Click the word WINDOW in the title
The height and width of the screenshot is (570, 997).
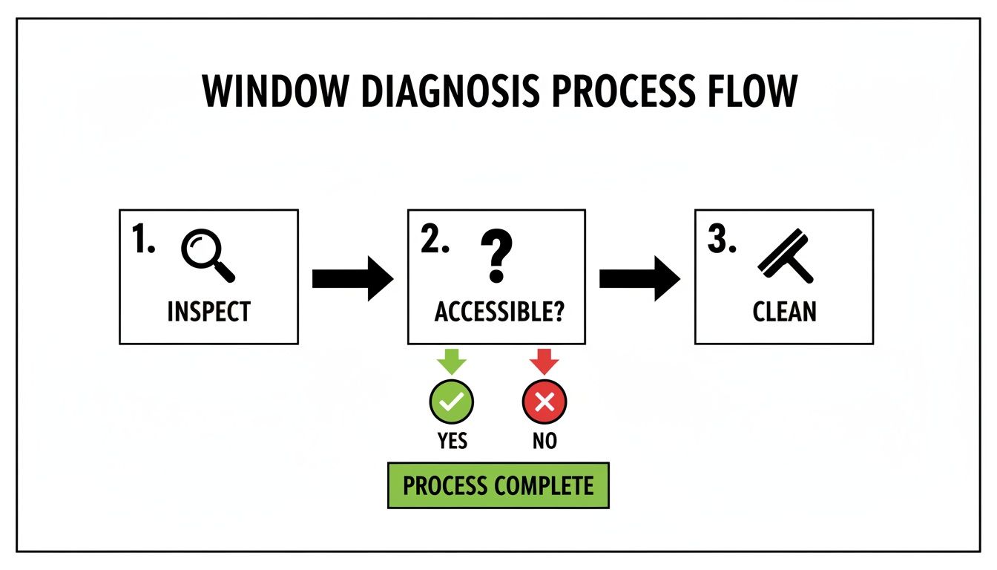[274, 92]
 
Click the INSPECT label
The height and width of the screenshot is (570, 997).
[208, 311]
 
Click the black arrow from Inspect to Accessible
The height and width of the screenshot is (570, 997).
[352, 279]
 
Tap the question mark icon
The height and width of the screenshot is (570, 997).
[496, 255]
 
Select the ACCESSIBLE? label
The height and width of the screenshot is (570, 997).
[498, 312]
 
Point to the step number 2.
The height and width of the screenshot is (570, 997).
[435, 240]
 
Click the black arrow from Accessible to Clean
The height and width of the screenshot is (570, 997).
[639, 279]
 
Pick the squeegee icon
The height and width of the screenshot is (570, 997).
[786, 257]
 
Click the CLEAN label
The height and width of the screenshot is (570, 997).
[784, 312]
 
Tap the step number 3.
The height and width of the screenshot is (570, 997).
[721, 240]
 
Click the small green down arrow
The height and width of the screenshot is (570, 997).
[452, 361]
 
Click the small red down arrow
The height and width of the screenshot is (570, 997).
[544, 361]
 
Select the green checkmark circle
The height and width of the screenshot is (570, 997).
[452, 402]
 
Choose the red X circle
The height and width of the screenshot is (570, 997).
[544, 402]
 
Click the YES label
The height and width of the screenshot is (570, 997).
[452, 441]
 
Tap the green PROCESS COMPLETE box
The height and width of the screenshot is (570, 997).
[498, 486]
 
